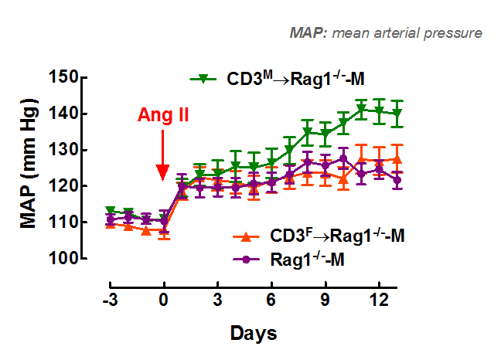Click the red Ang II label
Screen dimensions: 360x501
163,116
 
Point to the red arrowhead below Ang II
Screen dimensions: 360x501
163,173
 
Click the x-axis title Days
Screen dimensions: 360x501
253,333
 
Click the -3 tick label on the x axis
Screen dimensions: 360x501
109,299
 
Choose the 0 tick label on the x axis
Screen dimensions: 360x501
163,299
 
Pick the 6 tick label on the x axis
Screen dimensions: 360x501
271,299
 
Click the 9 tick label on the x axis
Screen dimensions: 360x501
325,299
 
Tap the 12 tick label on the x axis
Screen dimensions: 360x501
379,299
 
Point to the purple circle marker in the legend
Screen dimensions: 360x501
245,260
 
